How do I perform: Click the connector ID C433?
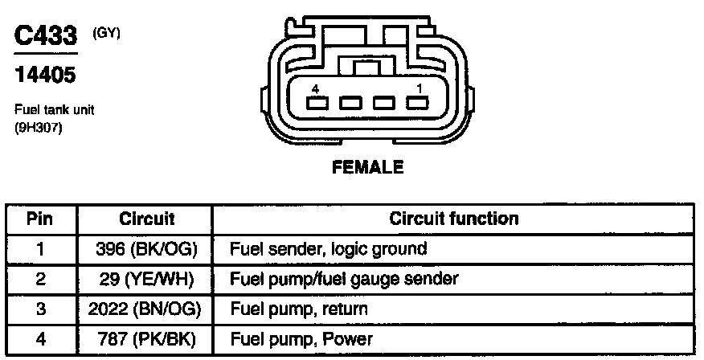[47, 35]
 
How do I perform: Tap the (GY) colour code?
[107, 34]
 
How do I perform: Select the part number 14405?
[46, 76]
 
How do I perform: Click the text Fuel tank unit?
[55, 110]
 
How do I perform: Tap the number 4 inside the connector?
[316, 88]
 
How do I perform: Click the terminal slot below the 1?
[416, 104]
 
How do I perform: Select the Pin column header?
[40, 219]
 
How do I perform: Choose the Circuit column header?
[147, 219]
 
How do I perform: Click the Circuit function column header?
[454, 219]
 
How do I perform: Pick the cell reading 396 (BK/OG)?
[147, 249]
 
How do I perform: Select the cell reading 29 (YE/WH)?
[147, 279]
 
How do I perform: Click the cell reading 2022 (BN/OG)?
[147, 309]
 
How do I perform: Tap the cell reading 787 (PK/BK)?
[147, 339]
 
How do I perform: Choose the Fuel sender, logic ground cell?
[328, 249]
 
